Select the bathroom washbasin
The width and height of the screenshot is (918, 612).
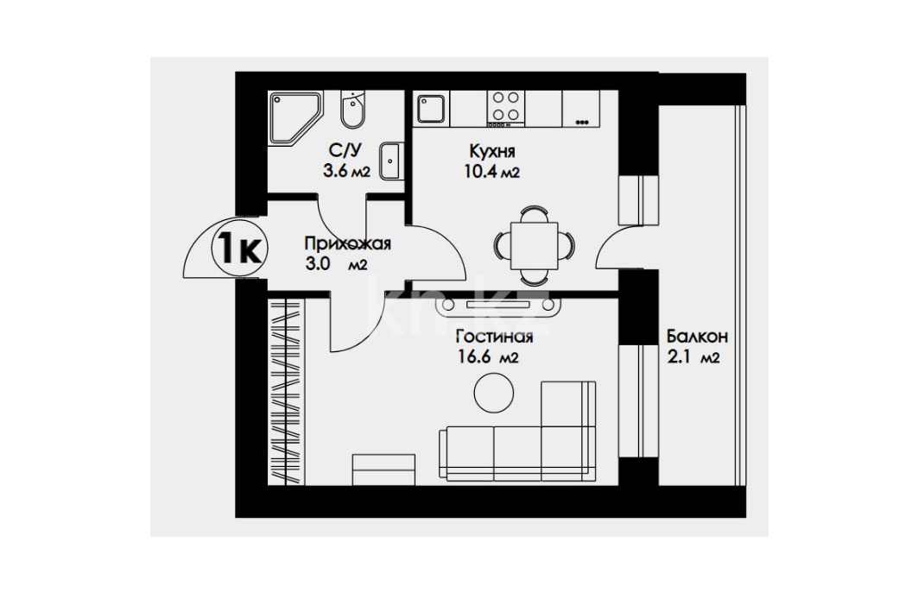point(390,161)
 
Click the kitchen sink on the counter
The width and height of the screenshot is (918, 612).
point(430,109)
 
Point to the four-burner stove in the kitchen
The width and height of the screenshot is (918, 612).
point(505,108)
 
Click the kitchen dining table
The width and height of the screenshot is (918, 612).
point(534,246)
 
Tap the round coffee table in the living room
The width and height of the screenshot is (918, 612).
point(494,393)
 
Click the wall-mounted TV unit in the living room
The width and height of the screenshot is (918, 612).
point(497,306)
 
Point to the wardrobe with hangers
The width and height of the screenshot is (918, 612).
point(286,391)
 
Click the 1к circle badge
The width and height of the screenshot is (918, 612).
point(240,249)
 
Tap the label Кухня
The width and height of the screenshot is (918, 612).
point(492,152)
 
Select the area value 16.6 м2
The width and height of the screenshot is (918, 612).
point(488,356)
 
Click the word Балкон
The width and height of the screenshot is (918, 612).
point(697,337)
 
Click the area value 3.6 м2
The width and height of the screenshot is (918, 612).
point(346,172)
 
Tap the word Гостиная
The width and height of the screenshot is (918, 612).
point(494,337)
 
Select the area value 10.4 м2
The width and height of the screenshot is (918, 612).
point(491,172)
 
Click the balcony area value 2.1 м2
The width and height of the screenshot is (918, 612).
point(693,356)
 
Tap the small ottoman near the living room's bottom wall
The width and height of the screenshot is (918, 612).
point(383,470)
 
